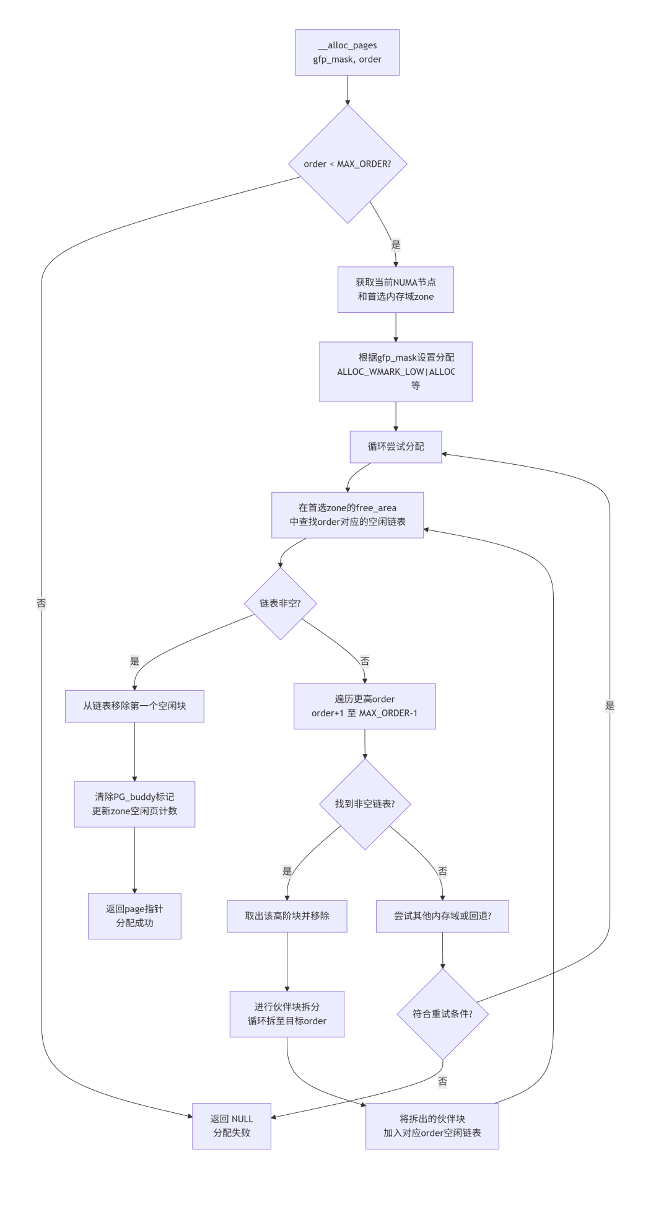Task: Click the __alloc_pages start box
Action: [x=347, y=53]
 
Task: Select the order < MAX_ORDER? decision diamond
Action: [x=348, y=164]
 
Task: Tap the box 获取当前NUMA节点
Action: [x=396, y=289]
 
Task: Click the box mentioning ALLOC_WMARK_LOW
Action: [x=396, y=372]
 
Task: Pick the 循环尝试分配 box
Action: [x=396, y=447]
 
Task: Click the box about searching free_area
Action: [x=348, y=515]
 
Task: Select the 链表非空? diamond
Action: [x=281, y=604]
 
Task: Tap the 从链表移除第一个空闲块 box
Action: [x=134, y=706]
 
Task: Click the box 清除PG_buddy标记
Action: [x=134, y=804]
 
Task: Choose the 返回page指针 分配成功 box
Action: [x=134, y=916]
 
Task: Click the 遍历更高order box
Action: [x=365, y=706]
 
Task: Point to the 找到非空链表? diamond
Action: [x=365, y=804]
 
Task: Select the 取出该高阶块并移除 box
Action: [x=287, y=916]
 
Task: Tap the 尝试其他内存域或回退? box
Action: [x=442, y=916]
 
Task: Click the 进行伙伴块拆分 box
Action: [x=287, y=1014]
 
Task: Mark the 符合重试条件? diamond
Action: [x=443, y=1014]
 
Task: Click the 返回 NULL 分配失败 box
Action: [x=232, y=1126]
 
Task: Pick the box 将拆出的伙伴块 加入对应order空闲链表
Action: [x=432, y=1126]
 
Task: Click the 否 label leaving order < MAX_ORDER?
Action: [x=42, y=603]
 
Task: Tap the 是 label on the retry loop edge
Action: [x=610, y=705]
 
